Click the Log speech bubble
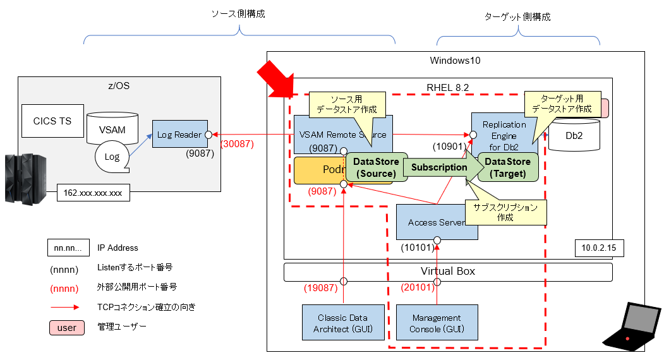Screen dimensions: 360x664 [x=111, y=156]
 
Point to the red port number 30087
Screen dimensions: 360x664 [x=237, y=144]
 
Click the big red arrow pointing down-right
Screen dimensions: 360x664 [x=277, y=80]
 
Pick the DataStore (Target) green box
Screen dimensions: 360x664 [x=507, y=168]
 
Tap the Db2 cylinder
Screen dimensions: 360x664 [x=574, y=135]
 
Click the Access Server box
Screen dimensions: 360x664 [x=437, y=222]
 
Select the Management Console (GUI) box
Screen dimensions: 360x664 [x=436, y=323]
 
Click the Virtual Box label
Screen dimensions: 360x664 [x=448, y=272]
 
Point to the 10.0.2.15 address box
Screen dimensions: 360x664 [x=600, y=248]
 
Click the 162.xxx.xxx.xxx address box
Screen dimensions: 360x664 [x=93, y=193]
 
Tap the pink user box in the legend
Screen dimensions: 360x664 [x=66, y=327]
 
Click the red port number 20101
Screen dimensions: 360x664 [x=417, y=288]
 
